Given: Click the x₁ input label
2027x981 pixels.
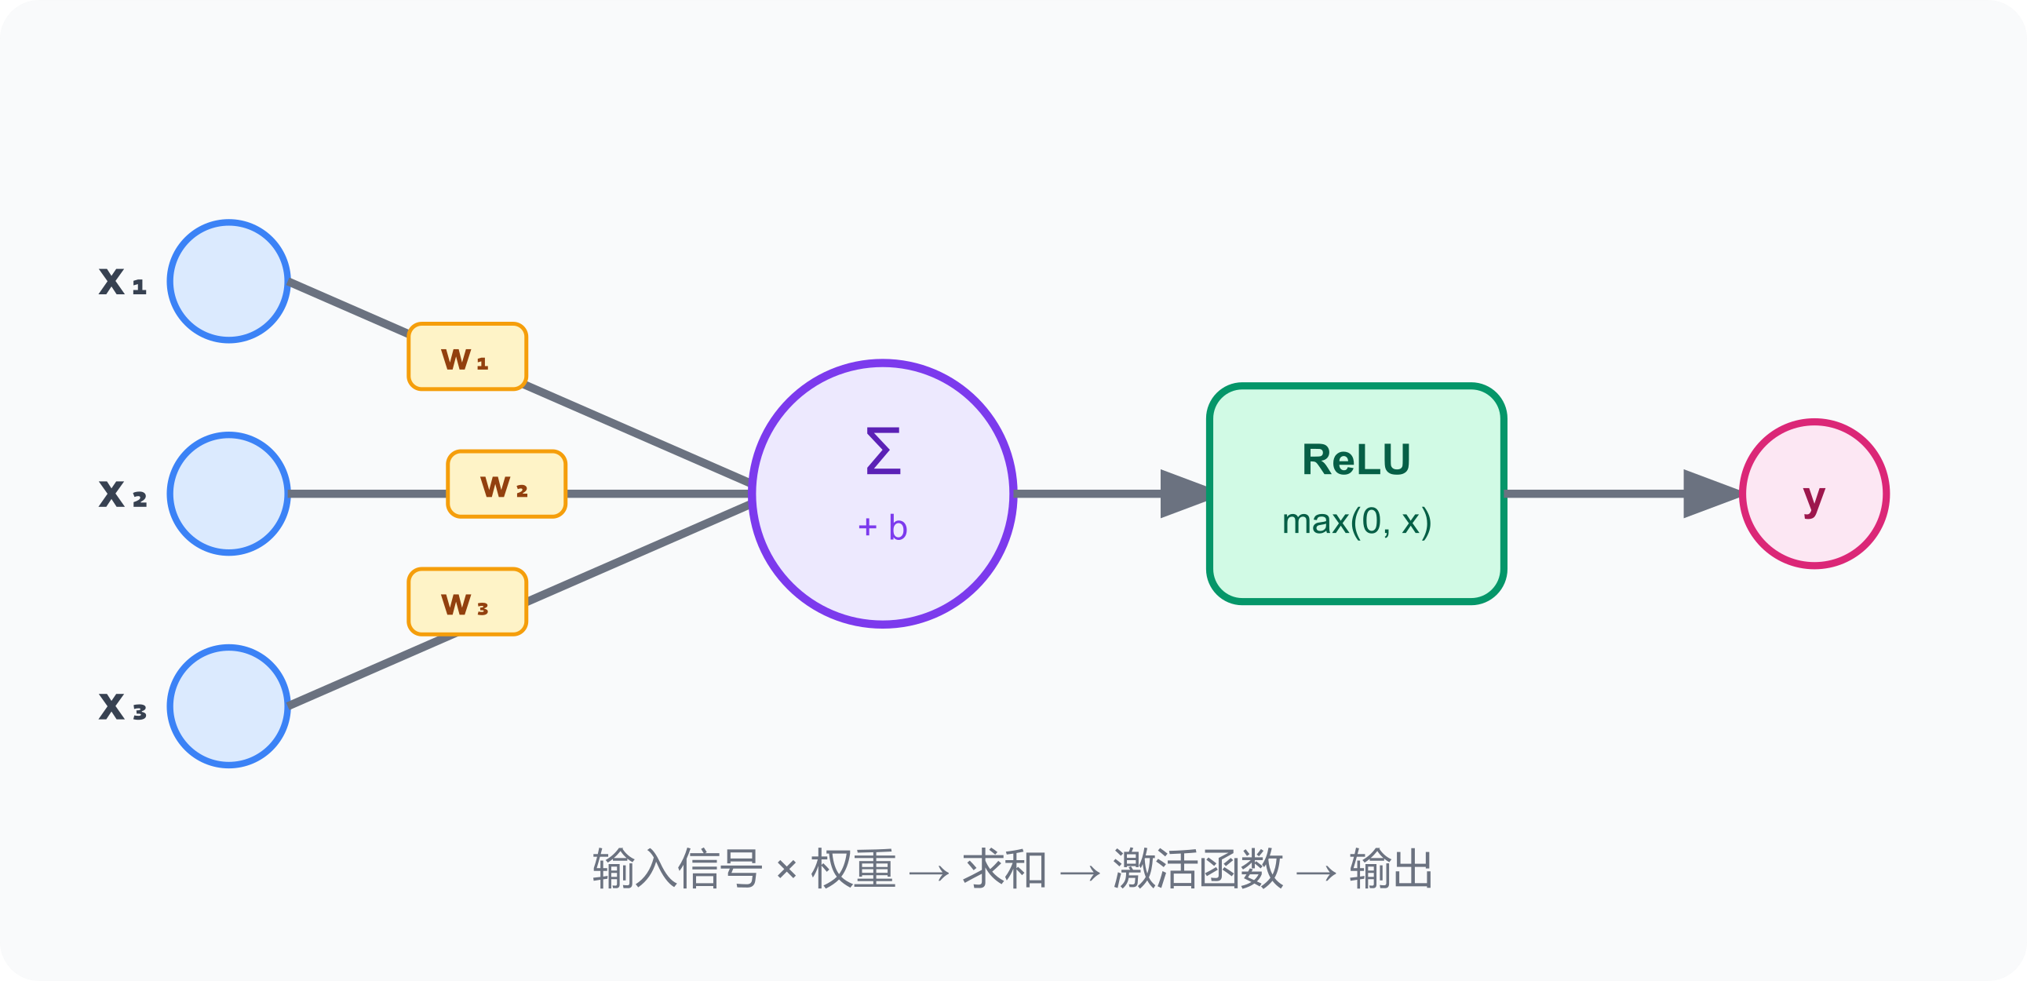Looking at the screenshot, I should pyautogui.click(x=122, y=282).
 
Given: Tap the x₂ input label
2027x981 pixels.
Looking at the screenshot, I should pyautogui.click(x=122, y=494).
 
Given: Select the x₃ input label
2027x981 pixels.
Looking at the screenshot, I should pyautogui.click(x=122, y=706).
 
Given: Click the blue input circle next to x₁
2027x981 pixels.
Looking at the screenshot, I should pyautogui.click(x=229, y=281).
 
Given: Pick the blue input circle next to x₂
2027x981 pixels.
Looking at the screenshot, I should pyautogui.click(x=229, y=494).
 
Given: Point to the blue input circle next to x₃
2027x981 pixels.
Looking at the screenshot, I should pyautogui.click(x=229, y=706).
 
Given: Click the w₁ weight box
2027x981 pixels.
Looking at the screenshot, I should pyautogui.click(x=467, y=357).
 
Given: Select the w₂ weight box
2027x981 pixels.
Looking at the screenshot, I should pyautogui.click(x=506, y=484).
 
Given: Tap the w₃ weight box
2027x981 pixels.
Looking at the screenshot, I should pyautogui.click(x=467, y=603).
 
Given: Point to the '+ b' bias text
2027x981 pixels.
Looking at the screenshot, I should pyautogui.click(x=882, y=527).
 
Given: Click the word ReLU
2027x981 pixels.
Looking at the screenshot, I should pyautogui.click(x=1356, y=459).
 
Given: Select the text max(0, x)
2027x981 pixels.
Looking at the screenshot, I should pyautogui.click(x=1356, y=522).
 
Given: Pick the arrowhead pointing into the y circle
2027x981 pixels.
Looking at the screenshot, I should pyautogui.click(x=1709, y=494).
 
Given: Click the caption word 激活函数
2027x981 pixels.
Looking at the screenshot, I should pyautogui.click(x=1198, y=870).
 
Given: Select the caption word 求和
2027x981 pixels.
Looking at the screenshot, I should pyautogui.click(x=1004, y=870).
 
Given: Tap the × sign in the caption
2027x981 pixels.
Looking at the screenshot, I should pyautogui.click(x=786, y=870).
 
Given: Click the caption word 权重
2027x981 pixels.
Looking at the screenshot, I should pyautogui.click(x=853, y=870).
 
